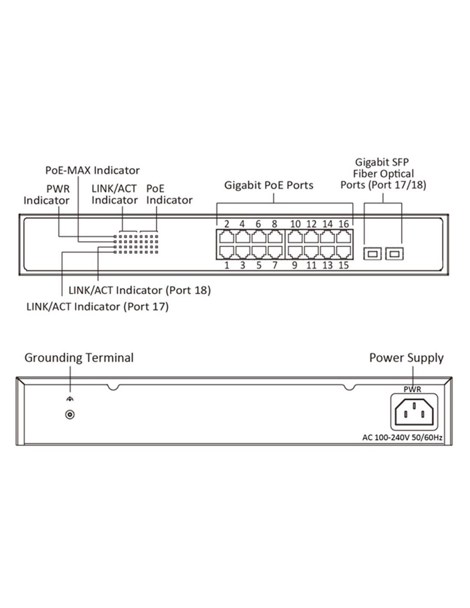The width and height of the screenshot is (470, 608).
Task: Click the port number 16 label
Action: tap(344, 224)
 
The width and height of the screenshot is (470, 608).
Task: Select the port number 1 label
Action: tap(226, 266)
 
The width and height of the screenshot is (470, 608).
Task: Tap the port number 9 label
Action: tap(294, 266)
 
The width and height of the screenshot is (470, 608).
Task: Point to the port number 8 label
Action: tap(274, 224)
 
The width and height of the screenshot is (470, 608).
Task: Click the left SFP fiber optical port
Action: tap(372, 254)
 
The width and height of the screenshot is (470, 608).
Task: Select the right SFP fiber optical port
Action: tap(394, 254)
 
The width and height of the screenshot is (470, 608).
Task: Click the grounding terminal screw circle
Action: tap(70, 414)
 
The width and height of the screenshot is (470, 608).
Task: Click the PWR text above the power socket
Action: tap(412, 389)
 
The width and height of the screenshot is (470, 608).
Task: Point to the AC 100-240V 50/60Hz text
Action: tap(402, 437)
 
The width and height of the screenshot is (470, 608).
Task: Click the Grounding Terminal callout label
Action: tap(79, 357)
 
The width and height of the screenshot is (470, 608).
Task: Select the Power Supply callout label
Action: tap(406, 357)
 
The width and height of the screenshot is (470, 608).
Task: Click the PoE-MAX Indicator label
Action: tap(92, 170)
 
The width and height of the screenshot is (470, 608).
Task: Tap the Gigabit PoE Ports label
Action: tap(269, 185)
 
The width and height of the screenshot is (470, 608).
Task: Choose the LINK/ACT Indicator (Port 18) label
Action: tap(140, 290)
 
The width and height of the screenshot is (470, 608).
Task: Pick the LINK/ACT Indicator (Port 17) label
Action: tap(97, 307)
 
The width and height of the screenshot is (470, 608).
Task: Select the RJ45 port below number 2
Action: tap(226, 236)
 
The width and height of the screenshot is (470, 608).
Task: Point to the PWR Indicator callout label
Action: tap(47, 194)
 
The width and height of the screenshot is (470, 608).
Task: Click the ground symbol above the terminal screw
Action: tap(70, 399)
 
